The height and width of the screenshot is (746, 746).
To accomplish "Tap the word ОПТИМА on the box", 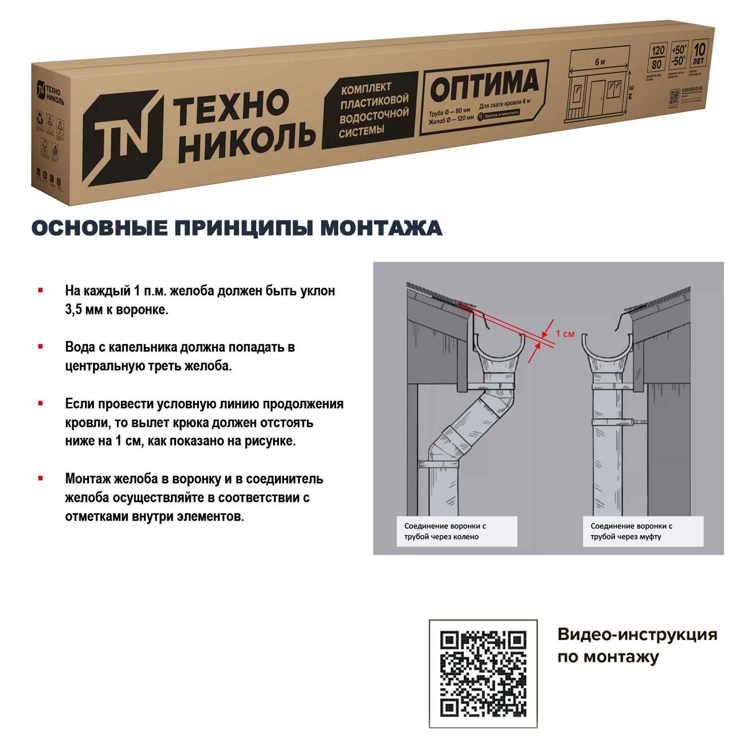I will [484, 85].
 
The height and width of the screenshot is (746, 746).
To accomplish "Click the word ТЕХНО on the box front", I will [231, 107].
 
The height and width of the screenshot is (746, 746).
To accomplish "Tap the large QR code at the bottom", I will [483, 673].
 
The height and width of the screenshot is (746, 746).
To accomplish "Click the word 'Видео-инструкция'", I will [637, 635].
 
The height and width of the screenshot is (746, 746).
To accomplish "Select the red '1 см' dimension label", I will [565, 334].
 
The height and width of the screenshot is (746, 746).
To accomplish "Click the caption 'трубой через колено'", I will [441, 537].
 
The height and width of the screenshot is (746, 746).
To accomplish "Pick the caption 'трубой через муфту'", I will [626, 537].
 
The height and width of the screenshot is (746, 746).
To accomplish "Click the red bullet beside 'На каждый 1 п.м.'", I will [41, 290].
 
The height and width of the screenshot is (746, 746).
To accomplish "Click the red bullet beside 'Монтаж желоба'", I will [41, 478].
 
